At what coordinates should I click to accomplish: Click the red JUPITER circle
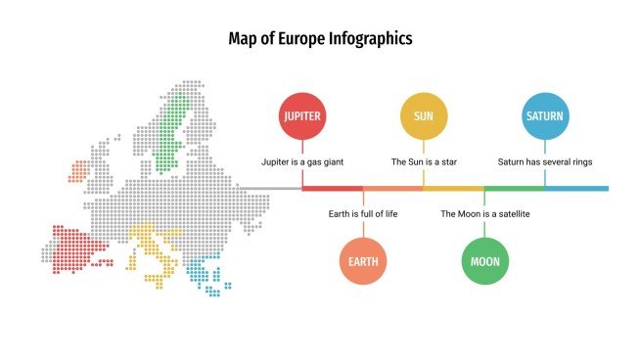point(301,116)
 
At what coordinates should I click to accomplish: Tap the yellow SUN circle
point(423,116)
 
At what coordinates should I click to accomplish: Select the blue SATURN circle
point(544,116)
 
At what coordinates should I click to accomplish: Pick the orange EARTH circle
point(362,261)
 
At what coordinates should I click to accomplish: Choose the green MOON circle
point(483,261)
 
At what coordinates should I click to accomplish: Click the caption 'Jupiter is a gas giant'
point(301,161)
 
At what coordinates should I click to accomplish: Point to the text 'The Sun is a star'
point(423,161)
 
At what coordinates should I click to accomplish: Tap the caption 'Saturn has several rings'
point(544,161)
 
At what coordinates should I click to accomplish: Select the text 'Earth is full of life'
point(362,213)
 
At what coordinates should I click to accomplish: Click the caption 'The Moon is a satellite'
point(484,213)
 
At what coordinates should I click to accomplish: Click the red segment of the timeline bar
point(332,188)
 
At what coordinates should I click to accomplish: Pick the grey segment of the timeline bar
point(269,188)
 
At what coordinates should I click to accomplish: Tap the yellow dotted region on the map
point(152,249)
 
